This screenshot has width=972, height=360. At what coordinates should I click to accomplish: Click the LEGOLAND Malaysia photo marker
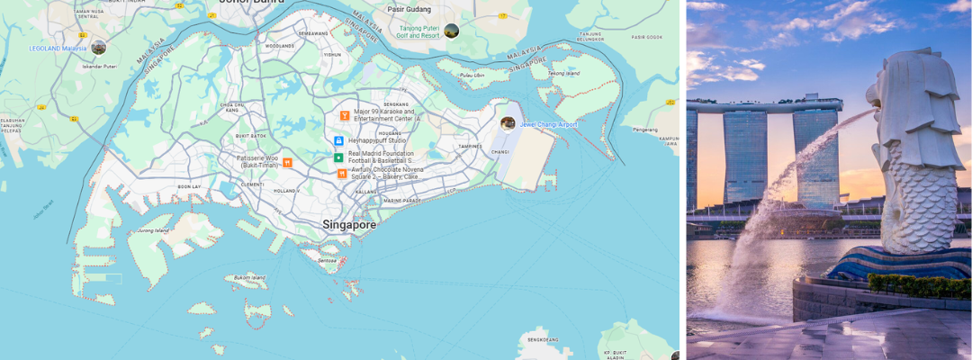pyautogui.click(x=98, y=48)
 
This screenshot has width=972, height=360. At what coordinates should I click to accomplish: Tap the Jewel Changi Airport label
pyautogui.click(x=548, y=124)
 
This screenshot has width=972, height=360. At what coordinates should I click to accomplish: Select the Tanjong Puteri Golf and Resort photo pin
pyautogui.click(x=452, y=31)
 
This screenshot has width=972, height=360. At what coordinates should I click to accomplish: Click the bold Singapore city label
pyautogui.click(x=349, y=224)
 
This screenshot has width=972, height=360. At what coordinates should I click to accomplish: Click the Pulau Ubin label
pyautogui.click(x=472, y=75)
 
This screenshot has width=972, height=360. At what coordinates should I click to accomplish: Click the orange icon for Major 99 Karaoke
pyautogui.click(x=344, y=115)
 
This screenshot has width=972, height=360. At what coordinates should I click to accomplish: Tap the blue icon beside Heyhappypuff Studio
pyautogui.click(x=338, y=140)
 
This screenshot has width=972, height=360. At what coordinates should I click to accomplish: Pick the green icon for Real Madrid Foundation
pyautogui.click(x=338, y=157)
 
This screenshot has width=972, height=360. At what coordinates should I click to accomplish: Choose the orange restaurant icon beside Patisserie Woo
pyautogui.click(x=287, y=162)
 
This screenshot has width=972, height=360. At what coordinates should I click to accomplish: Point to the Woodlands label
pyautogui.click(x=280, y=45)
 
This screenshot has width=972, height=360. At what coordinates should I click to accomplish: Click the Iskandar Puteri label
pyautogui.click(x=99, y=67)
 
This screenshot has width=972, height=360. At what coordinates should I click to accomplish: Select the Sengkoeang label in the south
pyautogui.click(x=543, y=339)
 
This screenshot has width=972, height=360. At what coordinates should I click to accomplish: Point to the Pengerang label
pyautogui.click(x=646, y=130)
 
